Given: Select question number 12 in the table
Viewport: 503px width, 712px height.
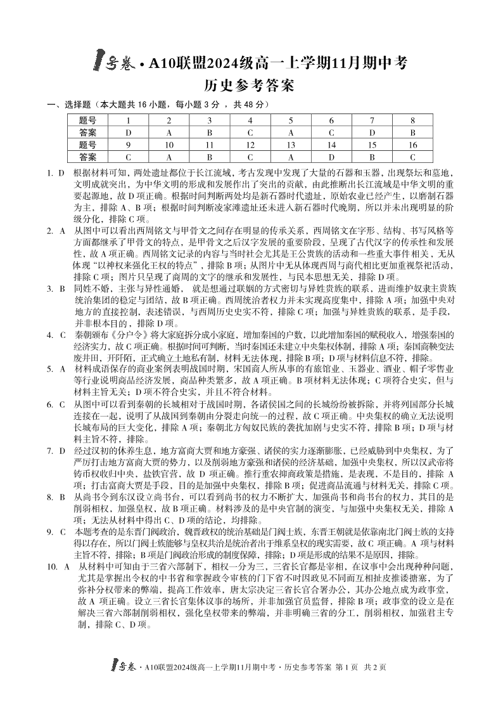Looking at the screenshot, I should tap(250, 145).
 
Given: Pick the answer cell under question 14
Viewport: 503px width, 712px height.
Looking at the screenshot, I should tap(331, 157).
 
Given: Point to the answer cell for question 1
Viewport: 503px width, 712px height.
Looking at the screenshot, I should tap(129, 133).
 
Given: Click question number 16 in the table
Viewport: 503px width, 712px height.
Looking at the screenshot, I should tap(412, 145).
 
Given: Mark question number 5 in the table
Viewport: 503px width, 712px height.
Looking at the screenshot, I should tap(291, 120).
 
